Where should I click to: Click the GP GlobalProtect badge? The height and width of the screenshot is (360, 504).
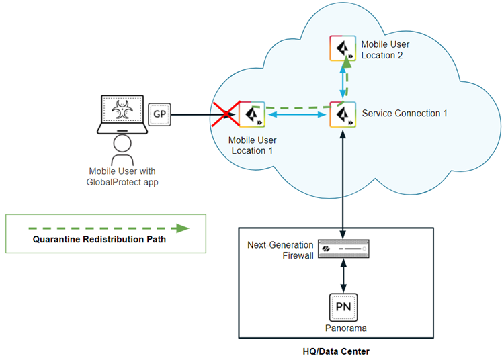[159, 114]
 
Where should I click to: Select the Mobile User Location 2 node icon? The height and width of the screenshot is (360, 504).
[343, 48]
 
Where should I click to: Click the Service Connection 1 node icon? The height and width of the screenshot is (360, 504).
[343, 114]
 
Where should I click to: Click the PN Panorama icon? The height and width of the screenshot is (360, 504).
[343, 308]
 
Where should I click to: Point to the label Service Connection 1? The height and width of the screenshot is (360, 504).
[405, 114]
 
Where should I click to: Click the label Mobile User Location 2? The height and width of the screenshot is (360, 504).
[385, 50]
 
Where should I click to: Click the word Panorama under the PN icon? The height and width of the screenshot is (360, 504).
[343, 328]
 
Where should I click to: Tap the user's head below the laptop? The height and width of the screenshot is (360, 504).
[122, 142]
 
